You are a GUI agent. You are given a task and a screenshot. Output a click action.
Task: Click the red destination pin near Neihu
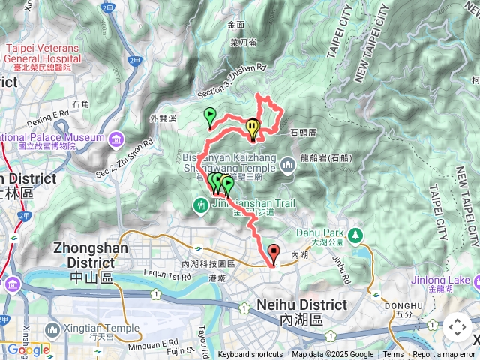[273, 253]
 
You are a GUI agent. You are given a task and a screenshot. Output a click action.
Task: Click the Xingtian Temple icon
[52, 329]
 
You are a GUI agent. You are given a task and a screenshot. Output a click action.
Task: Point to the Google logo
[28, 350]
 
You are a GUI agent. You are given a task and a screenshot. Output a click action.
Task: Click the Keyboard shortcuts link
[250, 355]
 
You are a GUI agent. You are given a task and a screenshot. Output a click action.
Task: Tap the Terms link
[393, 355]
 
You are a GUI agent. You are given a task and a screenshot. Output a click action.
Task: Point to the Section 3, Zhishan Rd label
[232, 80]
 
